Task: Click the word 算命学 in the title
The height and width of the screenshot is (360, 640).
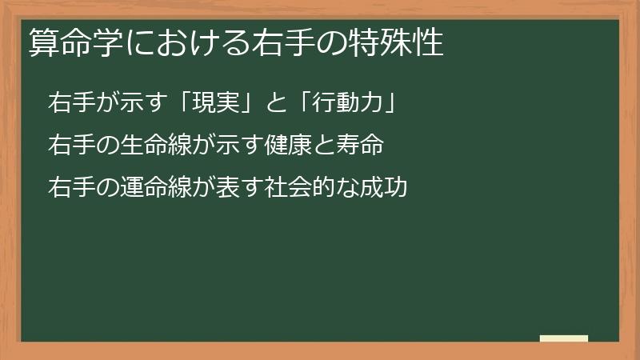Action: (x=63, y=43)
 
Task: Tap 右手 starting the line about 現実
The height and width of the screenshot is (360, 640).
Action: (x=68, y=103)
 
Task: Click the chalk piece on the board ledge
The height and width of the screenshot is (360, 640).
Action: (x=564, y=338)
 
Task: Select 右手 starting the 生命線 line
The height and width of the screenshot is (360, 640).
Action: (x=68, y=146)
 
